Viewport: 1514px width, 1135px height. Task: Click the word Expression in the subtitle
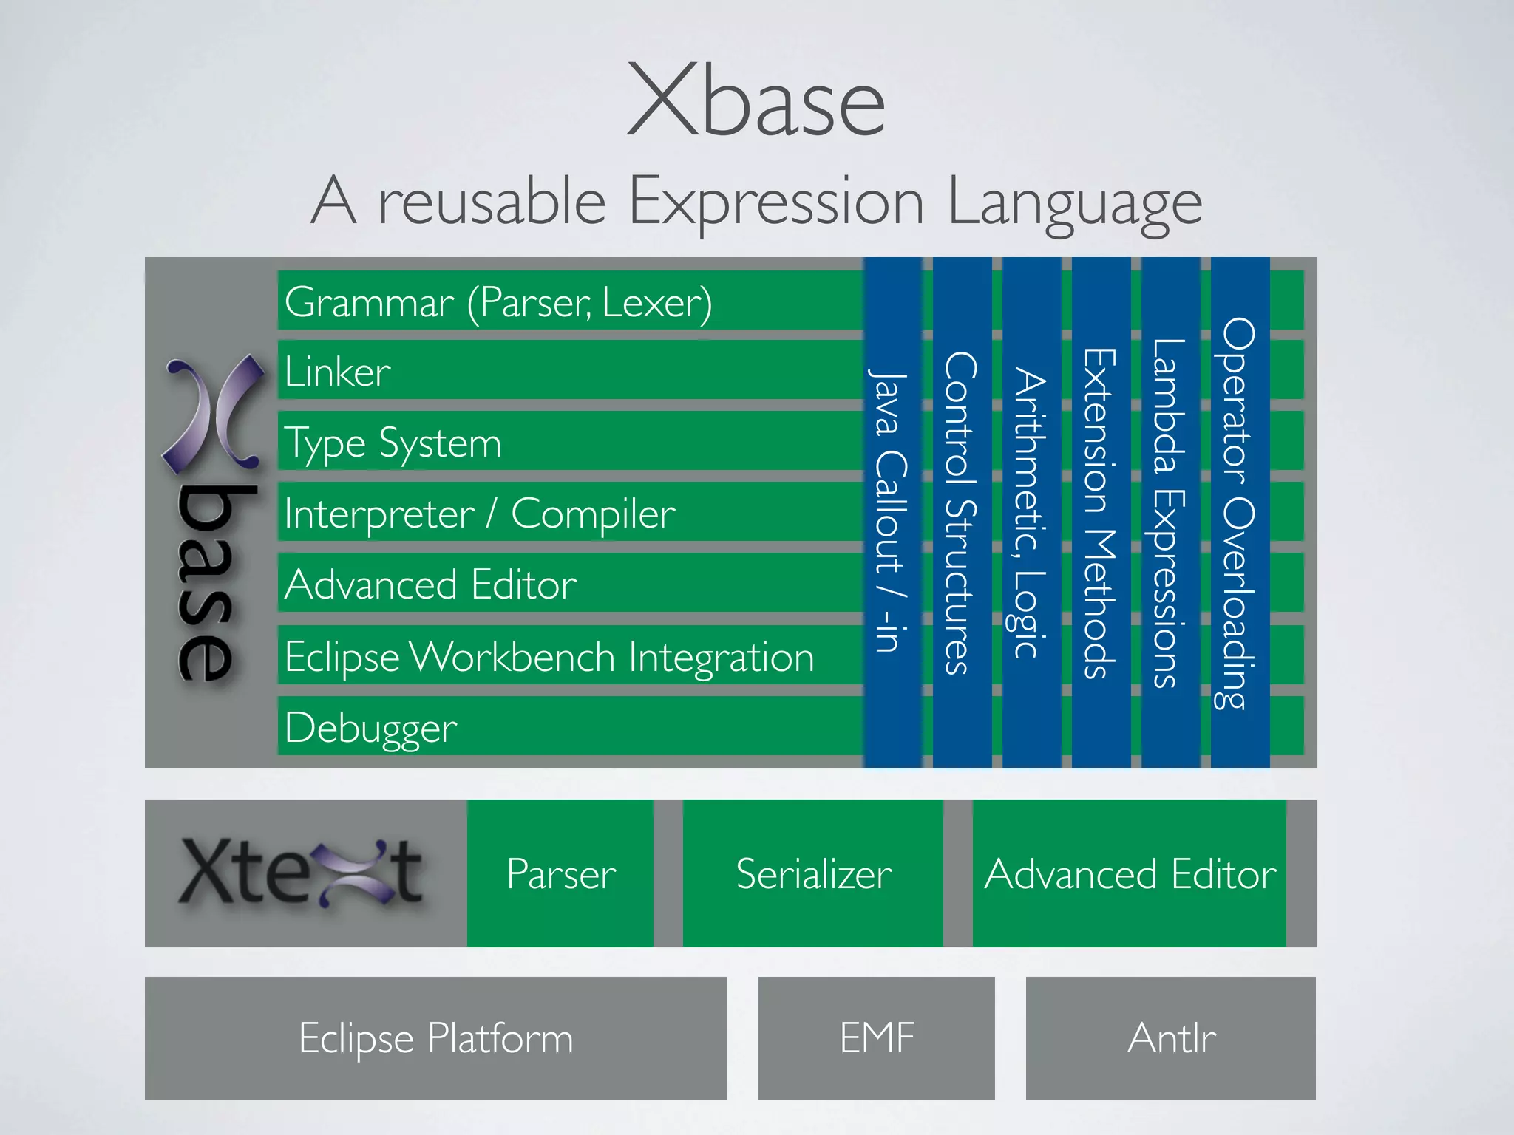tap(776, 202)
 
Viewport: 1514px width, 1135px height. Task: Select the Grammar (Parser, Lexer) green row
tap(498, 301)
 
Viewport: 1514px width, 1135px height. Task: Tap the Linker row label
tap(338, 371)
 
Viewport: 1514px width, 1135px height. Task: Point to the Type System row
tap(393, 443)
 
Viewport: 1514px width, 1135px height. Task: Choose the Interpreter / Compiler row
tap(479, 514)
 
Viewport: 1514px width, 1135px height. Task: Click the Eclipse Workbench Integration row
tap(549, 656)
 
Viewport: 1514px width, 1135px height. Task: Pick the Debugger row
tap(371, 728)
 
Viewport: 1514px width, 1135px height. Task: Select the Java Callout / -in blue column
tap(892, 511)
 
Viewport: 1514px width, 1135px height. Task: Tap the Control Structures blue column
tap(962, 511)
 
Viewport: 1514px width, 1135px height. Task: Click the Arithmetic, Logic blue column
tap(1031, 511)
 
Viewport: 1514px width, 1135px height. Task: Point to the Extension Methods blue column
tap(1101, 511)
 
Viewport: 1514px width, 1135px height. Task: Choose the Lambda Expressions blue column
tap(1170, 511)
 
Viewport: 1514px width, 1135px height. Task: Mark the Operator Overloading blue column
tap(1240, 511)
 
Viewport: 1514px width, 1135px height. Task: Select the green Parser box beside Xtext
tap(560, 873)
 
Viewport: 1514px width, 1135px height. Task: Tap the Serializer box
tap(813, 873)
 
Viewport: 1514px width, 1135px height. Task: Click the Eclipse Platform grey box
tap(435, 1037)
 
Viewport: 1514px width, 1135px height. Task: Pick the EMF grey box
tap(877, 1037)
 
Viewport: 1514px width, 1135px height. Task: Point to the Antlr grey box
tap(1171, 1037)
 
